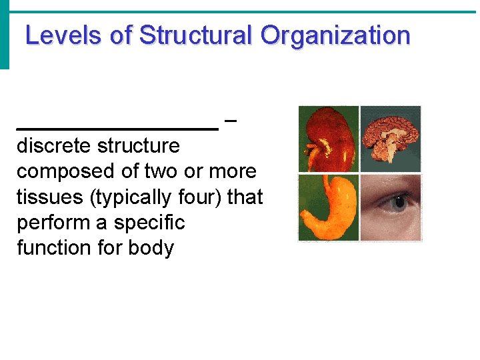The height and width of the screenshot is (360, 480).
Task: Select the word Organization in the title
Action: tap(335, 35)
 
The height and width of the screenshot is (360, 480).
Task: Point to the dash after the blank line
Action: tap(231, 121)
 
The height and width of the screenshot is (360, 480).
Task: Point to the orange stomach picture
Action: tap(328, 208)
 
